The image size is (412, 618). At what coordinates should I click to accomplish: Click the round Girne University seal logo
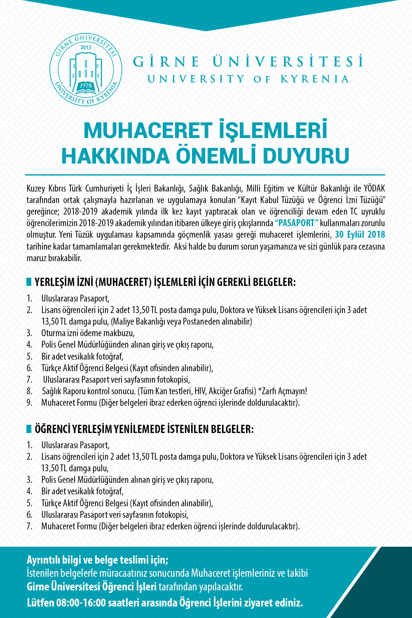pos(86,69)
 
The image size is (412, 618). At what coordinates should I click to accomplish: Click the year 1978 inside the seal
pos(86,86)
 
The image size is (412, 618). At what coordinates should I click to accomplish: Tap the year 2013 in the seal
pos(86,47)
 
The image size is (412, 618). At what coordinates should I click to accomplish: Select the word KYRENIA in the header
pos(315,79)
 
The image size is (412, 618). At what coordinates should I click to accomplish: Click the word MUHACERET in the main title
pos(147,131)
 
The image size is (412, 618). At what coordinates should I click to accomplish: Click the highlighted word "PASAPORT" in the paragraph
pos(297,223)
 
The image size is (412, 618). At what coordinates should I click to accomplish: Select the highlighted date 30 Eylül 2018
pos(360,235)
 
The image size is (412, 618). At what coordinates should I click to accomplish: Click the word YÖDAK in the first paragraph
pos(375,189)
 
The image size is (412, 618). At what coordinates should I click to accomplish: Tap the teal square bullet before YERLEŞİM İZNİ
pos(29,282)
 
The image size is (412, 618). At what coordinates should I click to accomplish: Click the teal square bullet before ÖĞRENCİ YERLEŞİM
pos(29,429)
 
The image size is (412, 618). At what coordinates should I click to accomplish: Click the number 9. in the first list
pos(29,403)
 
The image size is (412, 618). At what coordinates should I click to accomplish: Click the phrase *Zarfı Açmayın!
pos(282,391)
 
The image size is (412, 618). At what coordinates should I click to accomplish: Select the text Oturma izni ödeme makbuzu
pos(88,333)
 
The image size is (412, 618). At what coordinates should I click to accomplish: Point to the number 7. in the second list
pos(29,526)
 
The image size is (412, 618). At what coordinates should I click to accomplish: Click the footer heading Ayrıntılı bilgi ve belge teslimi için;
pos(98,560)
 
